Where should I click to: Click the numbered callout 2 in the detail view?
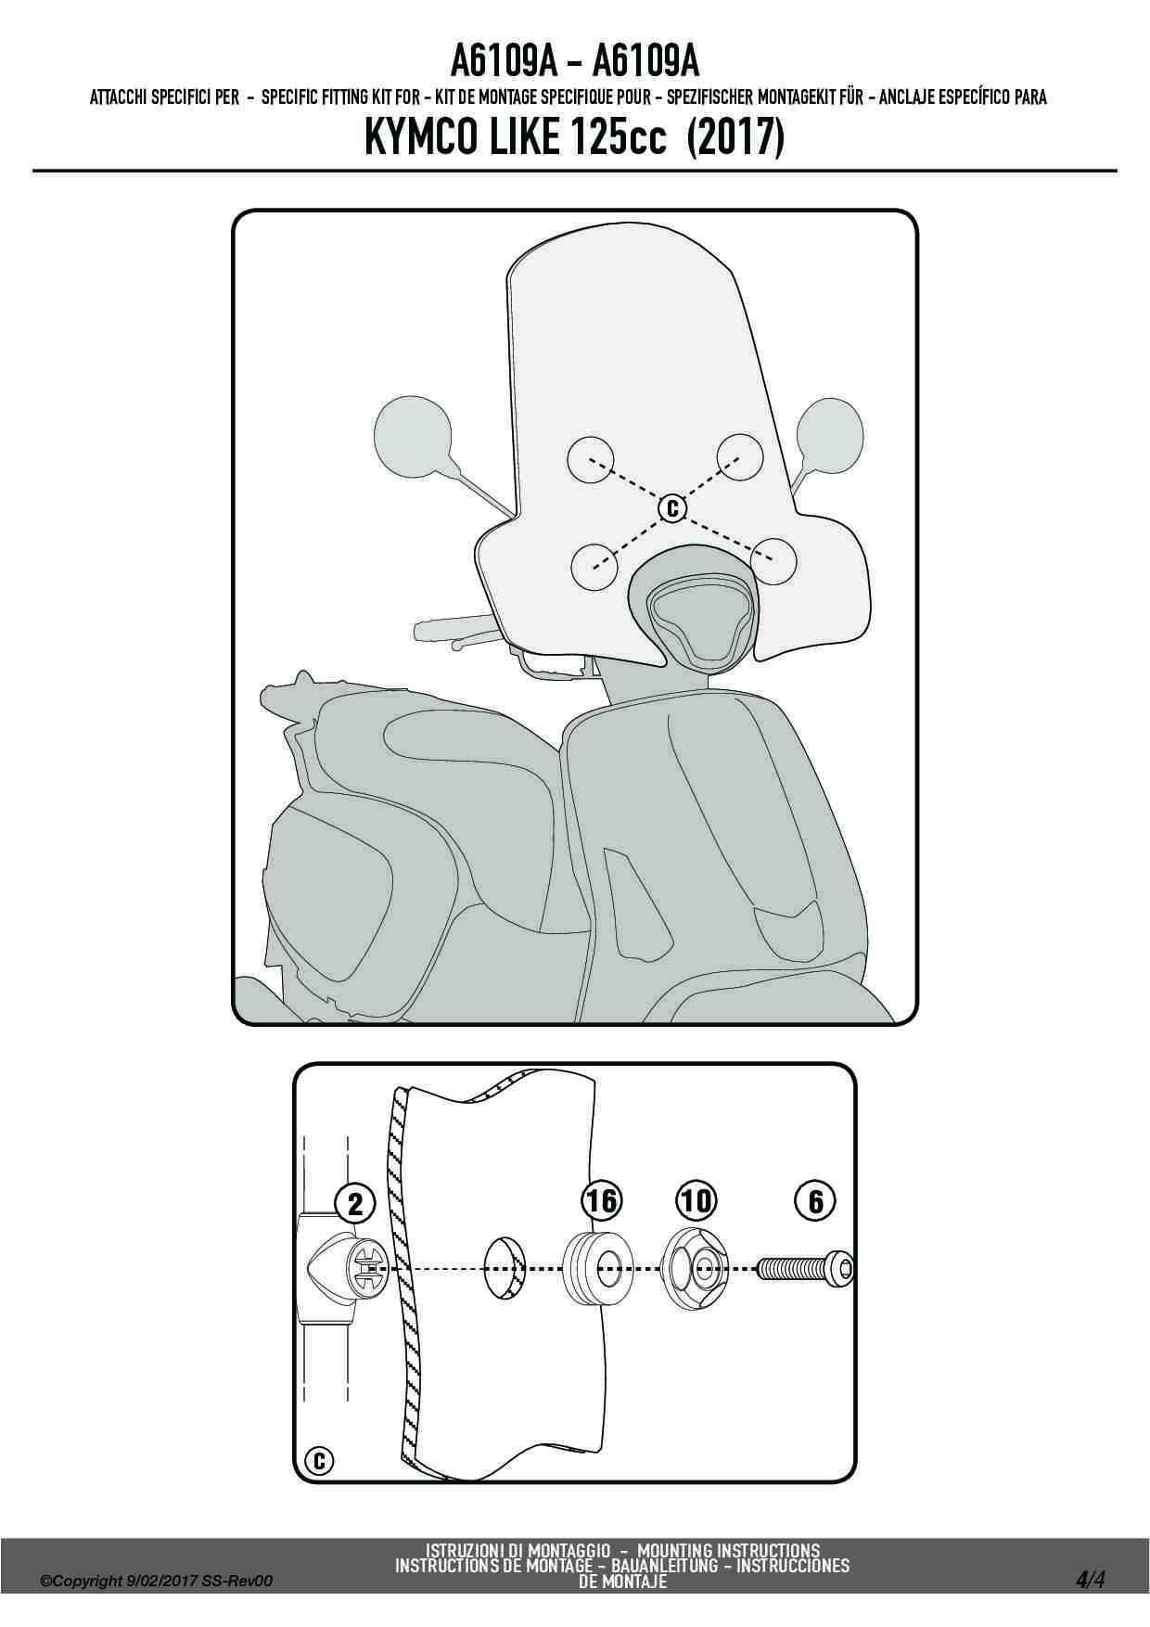tap(355, 1204)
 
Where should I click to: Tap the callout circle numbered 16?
tap(601, 1201)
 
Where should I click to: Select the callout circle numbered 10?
tap(696, 1201)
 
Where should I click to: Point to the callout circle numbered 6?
tap(815, 1201)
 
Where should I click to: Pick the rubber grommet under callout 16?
tap(598, 1266)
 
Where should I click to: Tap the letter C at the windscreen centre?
tap(672, 507)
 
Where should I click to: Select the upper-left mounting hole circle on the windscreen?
tap(591, 460)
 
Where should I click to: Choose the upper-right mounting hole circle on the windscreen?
tap(739, 457)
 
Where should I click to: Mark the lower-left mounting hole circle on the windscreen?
tap(596, 565)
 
